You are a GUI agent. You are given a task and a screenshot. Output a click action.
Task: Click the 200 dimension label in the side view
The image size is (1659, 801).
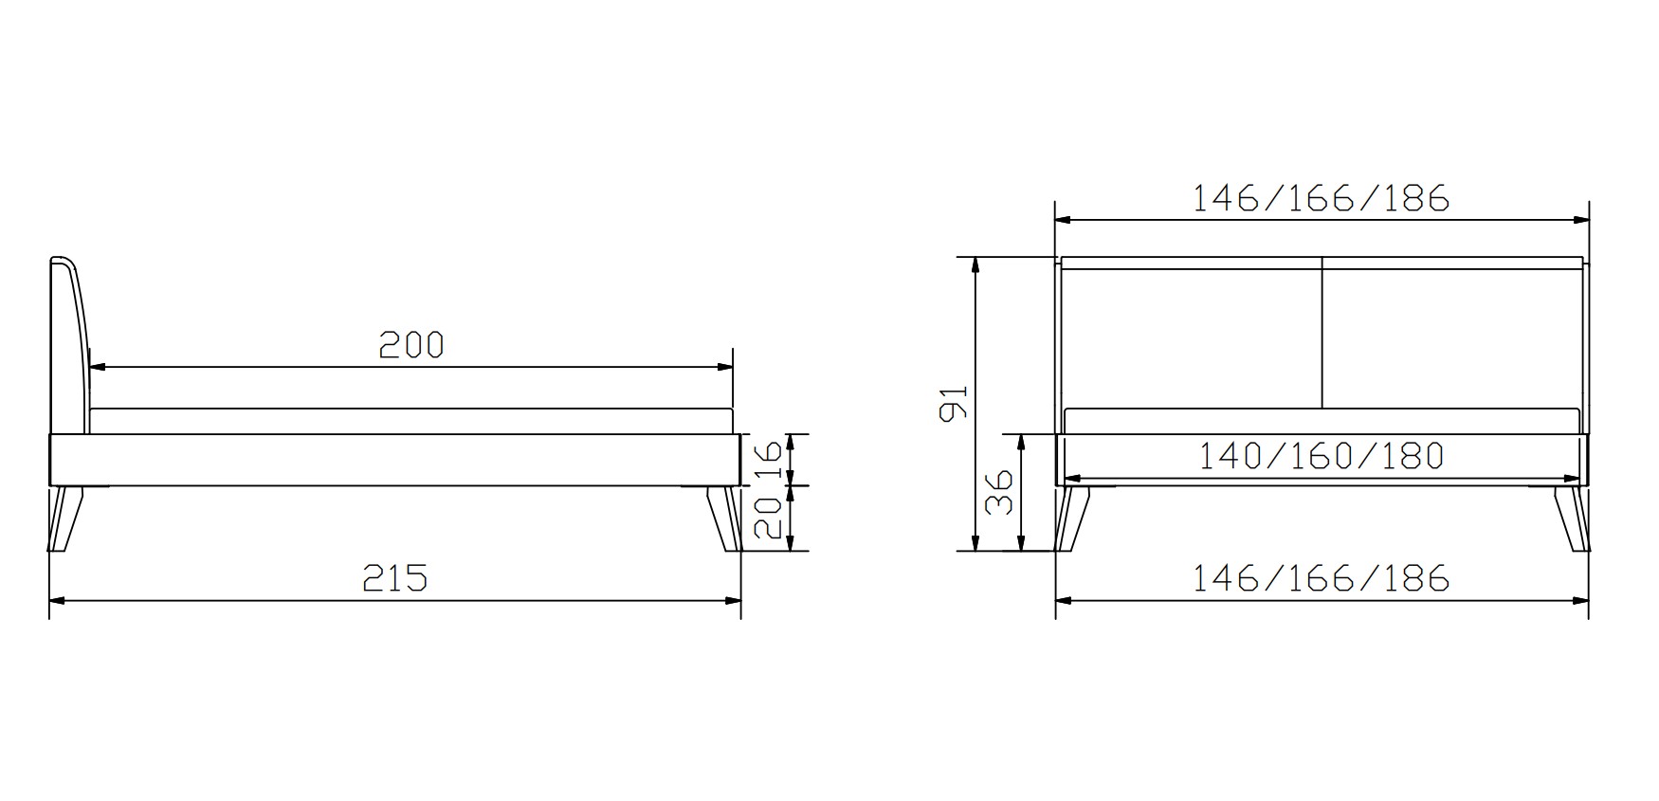tap(411, 344)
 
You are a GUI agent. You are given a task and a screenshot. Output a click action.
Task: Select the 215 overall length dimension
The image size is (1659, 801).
tap(395, 577)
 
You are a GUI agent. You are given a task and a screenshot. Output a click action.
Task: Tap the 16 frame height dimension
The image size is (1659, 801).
tap(773, 460)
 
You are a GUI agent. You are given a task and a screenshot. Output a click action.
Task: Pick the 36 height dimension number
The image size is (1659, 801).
tap(999, 492)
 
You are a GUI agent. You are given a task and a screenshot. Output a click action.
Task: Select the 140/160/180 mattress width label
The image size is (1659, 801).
tap(1321, 457)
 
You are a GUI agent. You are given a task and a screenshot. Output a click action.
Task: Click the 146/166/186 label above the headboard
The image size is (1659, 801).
tap(1321, 198)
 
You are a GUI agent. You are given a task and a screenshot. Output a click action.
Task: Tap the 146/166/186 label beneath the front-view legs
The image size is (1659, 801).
tap(1321, 577)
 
